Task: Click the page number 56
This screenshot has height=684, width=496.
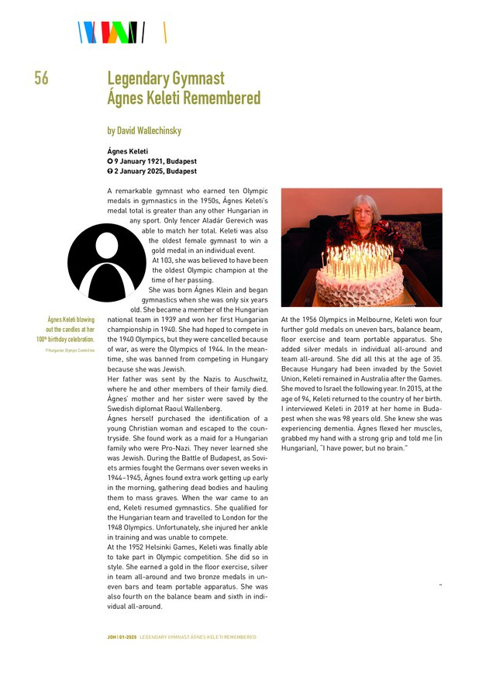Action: coord(41,78)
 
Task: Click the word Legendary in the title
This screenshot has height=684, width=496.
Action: coord(142,78)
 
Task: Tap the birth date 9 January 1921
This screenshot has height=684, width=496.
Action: coord(155,161)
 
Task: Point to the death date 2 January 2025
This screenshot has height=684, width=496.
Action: coord(155,171)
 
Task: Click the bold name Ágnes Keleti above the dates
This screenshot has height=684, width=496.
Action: coord(128,151)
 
